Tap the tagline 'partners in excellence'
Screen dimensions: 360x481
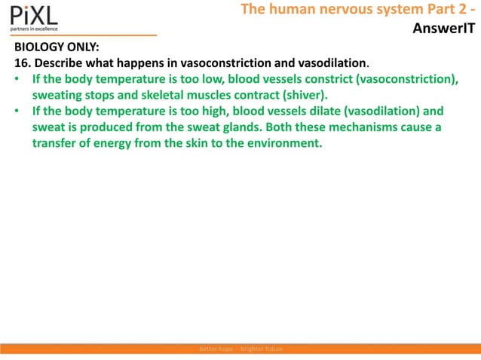tap(35, 29)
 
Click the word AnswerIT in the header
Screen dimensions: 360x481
tap(445, 29)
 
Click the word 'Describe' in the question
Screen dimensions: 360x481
tap(59, 62)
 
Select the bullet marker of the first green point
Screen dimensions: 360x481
tap(17, 79)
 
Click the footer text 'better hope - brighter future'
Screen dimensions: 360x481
tap(240, 350)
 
